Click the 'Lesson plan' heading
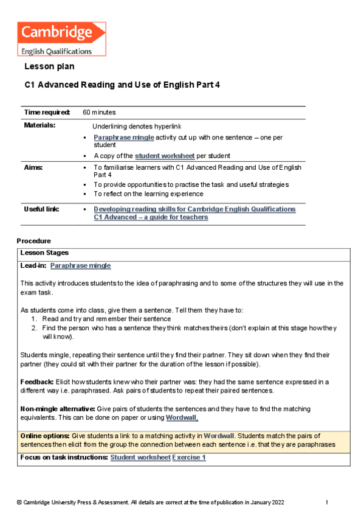49,66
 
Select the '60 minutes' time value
99,113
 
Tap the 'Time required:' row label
47,113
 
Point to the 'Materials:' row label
39,125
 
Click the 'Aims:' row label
33,167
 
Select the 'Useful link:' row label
41,209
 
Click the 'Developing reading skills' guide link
194,209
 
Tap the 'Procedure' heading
33,241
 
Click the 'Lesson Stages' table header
44,253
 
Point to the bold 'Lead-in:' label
33,266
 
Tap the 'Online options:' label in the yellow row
45,436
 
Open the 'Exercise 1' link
189,457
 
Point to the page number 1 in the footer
326,503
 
